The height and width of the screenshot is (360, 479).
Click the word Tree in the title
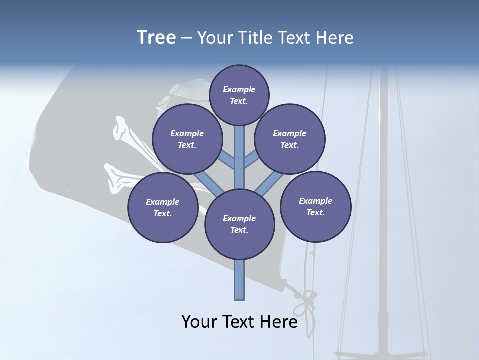point(156,37)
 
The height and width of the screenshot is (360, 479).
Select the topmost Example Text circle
point(239,95)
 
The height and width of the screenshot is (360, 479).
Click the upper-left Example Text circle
point(187,139)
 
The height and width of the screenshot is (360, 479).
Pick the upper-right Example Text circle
point(290,139)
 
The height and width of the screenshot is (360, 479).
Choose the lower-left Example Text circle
point(163,207)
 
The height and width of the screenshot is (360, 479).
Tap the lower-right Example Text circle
point(316,206)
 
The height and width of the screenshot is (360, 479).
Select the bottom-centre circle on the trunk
point(239,224)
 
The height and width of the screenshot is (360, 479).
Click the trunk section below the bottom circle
point(239,280)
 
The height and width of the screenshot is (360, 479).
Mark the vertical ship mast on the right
point(383,200)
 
